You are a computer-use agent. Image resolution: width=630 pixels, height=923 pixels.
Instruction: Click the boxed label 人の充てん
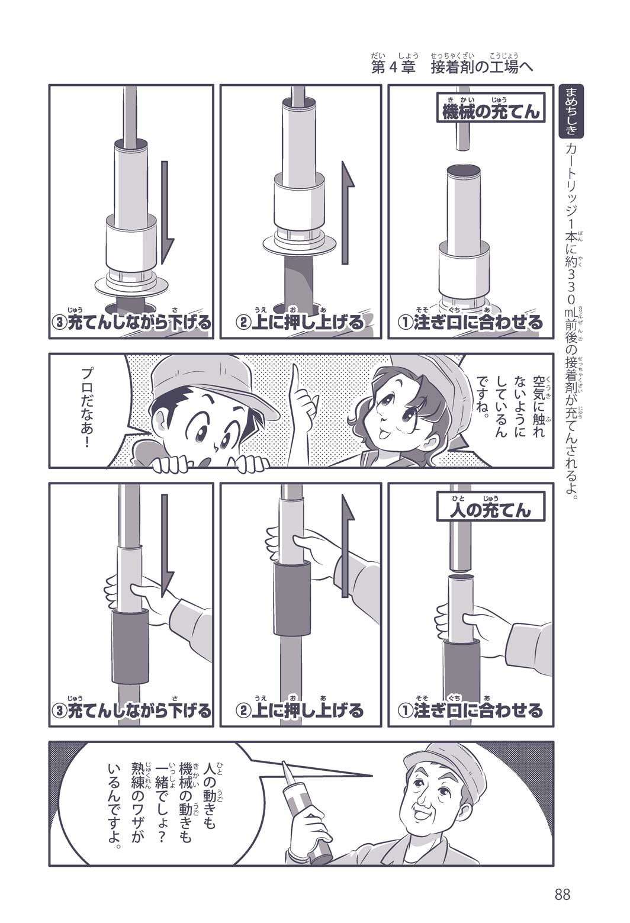[490, 507]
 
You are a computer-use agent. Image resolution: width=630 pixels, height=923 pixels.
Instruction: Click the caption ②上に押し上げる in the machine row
[300, 322]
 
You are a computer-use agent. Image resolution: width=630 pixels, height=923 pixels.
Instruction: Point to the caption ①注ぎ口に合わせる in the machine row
[470, 322]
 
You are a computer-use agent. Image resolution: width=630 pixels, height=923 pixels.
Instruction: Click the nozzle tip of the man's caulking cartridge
[284, 764]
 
